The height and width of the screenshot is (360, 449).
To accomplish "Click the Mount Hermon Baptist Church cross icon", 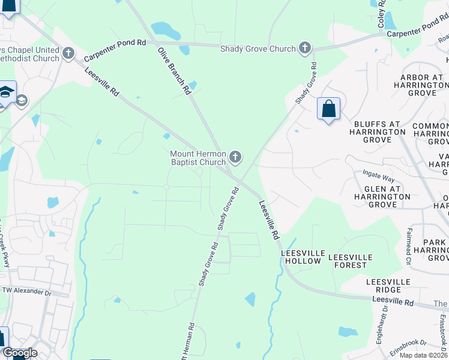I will (x=235, y=158).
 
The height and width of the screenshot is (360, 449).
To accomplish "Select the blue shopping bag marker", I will (x=328, y=109).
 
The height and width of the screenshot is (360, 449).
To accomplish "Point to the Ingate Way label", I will (x=378, y=179).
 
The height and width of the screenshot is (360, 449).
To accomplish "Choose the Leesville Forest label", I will (x=350, y=261).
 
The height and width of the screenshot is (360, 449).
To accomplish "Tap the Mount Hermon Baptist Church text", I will (x=198, y=158).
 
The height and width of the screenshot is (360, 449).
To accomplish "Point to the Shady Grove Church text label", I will (x=258, y=49).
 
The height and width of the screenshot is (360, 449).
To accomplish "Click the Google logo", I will (x=20, y=353).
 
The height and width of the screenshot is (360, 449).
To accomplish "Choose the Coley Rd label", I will (x=381, y=14).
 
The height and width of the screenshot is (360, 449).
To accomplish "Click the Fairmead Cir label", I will (x=409, y=247).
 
